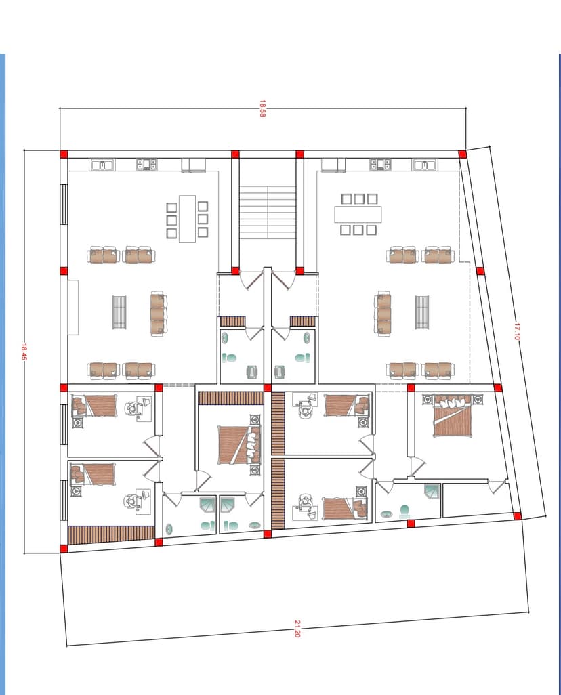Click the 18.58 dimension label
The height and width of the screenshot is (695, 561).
(x=262, y=108)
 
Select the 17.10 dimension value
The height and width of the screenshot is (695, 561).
(x=516, y=331)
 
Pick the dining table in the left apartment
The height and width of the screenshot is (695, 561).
(x=187, y=219)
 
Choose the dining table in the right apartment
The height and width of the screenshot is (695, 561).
(x=358, y=214)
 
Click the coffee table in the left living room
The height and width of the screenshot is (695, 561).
(x=119, y=312)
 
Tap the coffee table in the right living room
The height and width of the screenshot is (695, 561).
(x=422, y=312)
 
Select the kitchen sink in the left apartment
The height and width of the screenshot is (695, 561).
(x=102, y=165)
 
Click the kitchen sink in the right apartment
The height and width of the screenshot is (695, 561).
(x=425, y=165)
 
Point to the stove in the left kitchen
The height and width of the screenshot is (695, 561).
(x=146, y=165)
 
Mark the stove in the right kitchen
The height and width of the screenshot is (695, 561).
(x=381, y=165)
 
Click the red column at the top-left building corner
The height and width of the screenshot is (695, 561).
(x=64, y=154)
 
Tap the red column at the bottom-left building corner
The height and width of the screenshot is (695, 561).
(x=64, y=549)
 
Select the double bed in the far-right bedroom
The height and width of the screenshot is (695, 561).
(x=452, y=415)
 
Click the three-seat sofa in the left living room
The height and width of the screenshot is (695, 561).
(x=159, y=314)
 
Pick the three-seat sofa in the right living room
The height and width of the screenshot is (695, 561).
(x=383, y=314)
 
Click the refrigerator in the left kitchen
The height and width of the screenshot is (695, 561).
(x=194, y=165)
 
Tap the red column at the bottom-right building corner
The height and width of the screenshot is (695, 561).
(x=517, y=516)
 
